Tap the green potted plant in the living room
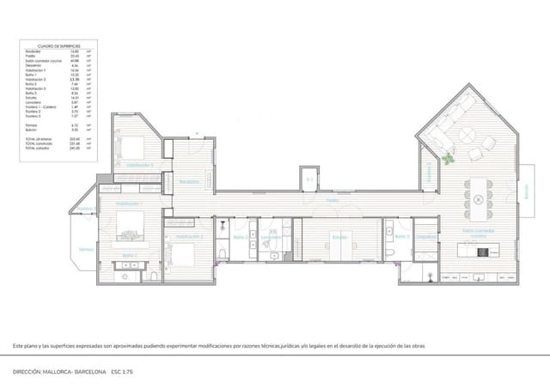449,157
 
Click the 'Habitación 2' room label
188,235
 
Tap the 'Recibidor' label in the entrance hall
190,181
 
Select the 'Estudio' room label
339,236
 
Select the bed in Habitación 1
128,227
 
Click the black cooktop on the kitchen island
482,251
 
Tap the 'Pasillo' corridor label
332,200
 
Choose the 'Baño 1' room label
129,256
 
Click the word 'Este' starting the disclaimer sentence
19,345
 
